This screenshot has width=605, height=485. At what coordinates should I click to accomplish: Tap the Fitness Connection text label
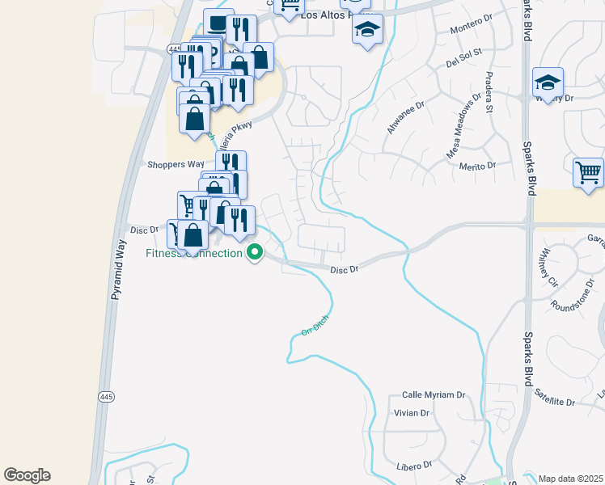click(x=194, y=254)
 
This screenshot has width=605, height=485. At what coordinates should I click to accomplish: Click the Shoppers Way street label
click(x=175, y=164)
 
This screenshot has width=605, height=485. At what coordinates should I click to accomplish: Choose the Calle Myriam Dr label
click(x=434, y=395)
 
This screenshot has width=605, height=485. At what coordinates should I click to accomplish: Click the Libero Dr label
click(x=415, y=466)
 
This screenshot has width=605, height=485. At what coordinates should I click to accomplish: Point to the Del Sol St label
click(x=463, y=57)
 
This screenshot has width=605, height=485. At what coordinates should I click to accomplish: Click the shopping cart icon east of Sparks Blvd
click(x=588, y=173)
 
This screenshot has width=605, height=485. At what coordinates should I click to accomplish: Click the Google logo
click(x=27, y=475)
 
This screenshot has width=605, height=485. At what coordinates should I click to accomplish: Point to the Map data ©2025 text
click(x=571, y=479)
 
